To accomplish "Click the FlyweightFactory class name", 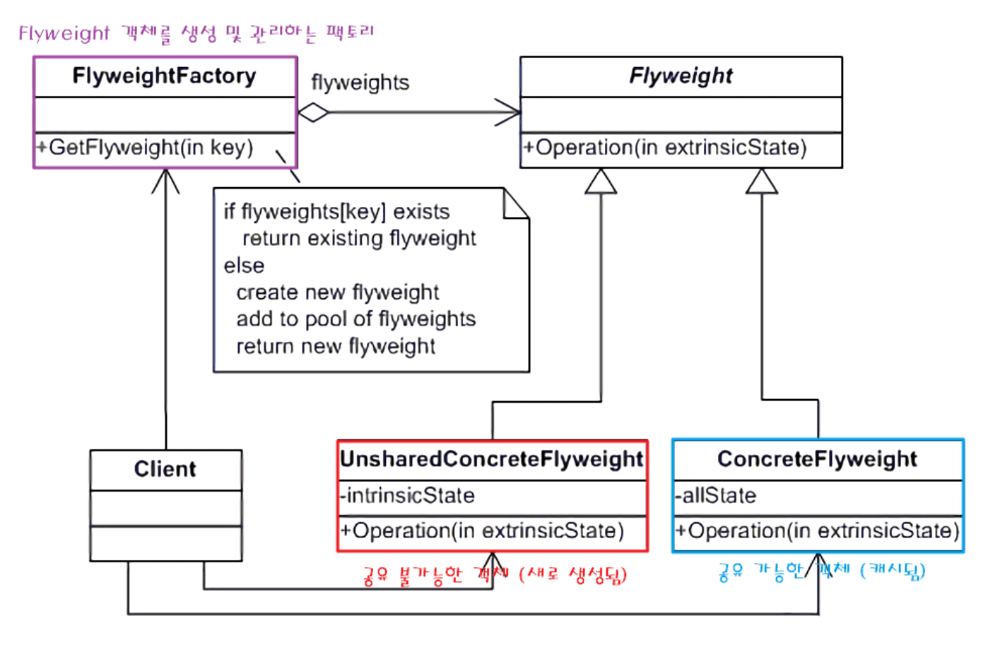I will (x=164, y=76).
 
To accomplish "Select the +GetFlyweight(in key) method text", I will (x=145, y=148).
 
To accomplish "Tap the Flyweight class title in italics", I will (x=681, y=76).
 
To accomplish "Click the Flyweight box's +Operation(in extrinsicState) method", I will (x=664, y=148).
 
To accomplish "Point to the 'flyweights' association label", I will (x=360, y=83).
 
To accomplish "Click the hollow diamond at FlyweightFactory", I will (x=313, y=112).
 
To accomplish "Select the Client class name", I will (x=165, y=469).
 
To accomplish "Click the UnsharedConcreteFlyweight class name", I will (x=491, y=459).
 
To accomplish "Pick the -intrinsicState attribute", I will (x=407, y=496).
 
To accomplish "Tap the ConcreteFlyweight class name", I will (x=817, y=459).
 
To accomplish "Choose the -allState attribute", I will (x=715, y=496).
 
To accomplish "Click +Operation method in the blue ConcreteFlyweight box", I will (x=816, y=530).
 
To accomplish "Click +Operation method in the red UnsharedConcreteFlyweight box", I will (x=482, y=530).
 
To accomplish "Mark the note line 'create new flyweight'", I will (x=337, y=292).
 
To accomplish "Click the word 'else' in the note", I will (x=244, y=266).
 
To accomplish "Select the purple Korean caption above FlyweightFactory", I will (x=196, y=33).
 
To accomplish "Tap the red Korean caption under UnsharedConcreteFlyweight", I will (x=494, y=575).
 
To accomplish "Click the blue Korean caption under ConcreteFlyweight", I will (x=821, y=571).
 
